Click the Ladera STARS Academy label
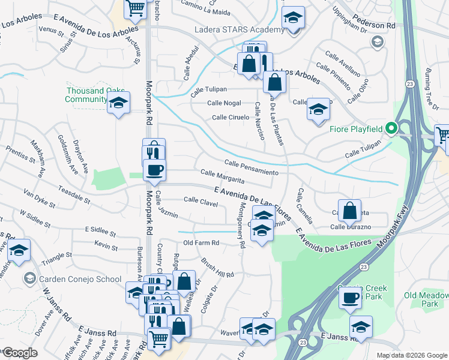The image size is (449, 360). pyautogui.click(x=239, y=30)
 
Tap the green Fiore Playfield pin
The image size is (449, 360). pyautogui.click(x=391, y=128)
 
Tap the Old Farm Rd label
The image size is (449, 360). pyautogui.click(x=201, y=243)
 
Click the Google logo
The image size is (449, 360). pyautogui.click(x=19, y=353)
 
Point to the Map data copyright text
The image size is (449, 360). pyautogui.click(x=412, y=355)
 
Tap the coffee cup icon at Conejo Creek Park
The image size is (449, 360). pyautogui.click(x=350, y=297)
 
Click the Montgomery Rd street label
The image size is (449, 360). pyautogui.click(x=241, y=224)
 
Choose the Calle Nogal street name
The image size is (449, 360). pyautogui.click(x=224, y=103)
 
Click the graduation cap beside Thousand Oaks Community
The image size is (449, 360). pyautogui.click(x=119, y=103)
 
